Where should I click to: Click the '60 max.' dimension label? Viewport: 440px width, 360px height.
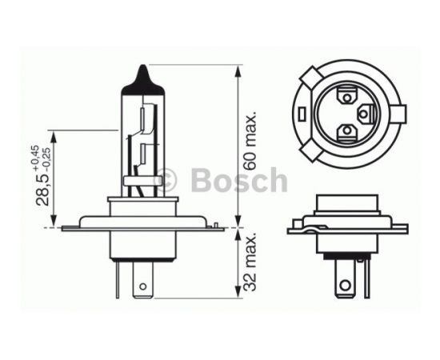click(x=250, y=140)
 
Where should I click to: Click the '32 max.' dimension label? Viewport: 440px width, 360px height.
click(x=250, y=262)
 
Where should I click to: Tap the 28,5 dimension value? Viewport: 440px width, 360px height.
click(x=42, y=190)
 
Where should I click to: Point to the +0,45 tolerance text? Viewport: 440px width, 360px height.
click(x=36, y=158)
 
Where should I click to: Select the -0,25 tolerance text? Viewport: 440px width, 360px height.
click(x=46, y=160)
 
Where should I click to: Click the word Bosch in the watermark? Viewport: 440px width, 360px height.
click(x=239, y=179)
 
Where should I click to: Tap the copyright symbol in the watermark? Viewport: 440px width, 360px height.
click(x=166, y=179)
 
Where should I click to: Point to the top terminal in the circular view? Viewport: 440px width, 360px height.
click(x=347, y=97)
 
